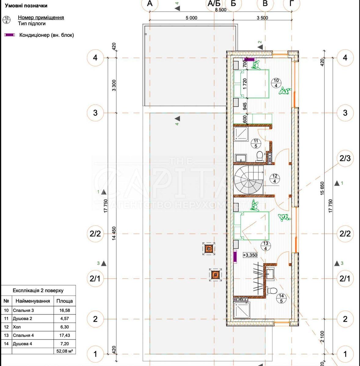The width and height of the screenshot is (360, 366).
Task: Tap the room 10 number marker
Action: (276, 83)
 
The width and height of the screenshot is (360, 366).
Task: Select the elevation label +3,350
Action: (250, 255)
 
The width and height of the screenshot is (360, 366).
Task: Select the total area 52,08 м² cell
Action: (64, 351)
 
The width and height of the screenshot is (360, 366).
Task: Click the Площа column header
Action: (64, 301)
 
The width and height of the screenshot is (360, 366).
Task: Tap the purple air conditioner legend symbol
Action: (9, 35)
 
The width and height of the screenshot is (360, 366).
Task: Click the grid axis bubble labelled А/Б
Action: (214, 4)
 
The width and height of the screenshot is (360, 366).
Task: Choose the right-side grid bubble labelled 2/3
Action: (345, 158)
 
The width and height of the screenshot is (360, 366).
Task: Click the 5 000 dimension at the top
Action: (191, 18)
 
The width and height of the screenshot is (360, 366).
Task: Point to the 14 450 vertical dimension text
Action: (114, 234)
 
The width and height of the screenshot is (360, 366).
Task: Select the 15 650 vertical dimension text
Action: (322, 186)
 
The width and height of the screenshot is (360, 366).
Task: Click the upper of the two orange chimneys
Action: (209, 249)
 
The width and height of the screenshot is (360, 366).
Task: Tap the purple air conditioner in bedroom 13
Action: (235, 257)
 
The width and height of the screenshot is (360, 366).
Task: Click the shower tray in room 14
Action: (242, 310)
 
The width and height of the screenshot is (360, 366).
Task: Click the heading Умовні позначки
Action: (26, 5)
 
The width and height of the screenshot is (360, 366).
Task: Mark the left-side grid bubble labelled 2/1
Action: (95, 278)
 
